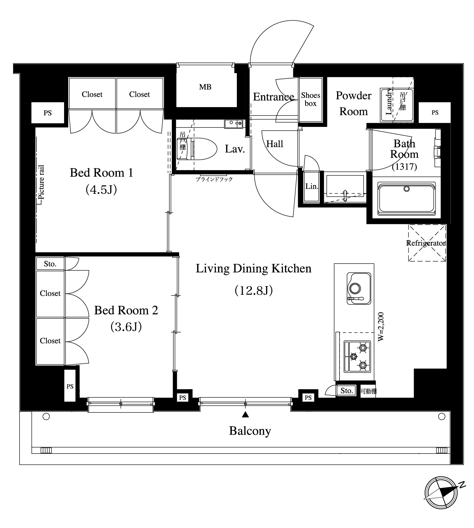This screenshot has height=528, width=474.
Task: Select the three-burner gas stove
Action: coord(357,357)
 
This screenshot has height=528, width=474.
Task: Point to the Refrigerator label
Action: coord(426,243)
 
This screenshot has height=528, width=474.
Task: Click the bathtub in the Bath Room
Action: coord(407,199)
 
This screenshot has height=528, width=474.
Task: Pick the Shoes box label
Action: coord(311,99)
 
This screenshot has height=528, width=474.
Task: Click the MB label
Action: coord(205,87)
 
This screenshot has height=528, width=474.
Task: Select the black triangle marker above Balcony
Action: coord(245,415)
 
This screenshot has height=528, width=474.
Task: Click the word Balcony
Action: coord(250,431)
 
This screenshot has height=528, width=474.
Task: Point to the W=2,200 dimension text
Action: coord(381,327)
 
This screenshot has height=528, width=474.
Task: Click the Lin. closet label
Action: coord(312,186)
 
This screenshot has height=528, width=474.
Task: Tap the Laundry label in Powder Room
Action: coord(389,101)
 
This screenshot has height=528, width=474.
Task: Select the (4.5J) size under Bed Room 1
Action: coord(101,189)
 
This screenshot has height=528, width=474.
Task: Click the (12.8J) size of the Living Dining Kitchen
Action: coord(253,291)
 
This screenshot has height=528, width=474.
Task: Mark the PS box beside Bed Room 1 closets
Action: coord(48,113)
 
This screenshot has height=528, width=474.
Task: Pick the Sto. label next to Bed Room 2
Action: coord(50,264)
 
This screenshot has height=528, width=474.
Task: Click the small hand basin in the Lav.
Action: coord(234,124)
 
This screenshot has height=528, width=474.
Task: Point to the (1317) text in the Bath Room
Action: coord(404,166)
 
